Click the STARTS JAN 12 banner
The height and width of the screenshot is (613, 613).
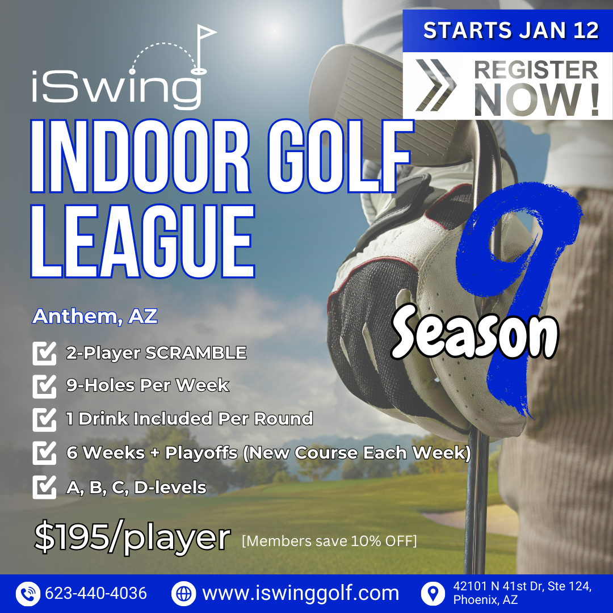click(511, 31)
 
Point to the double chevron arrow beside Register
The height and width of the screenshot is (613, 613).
click(436, 85)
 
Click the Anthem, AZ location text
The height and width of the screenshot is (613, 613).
click(95, 317)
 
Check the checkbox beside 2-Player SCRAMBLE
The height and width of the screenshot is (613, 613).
click(44, 354)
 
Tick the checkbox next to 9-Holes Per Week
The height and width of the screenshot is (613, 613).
click(44, 387)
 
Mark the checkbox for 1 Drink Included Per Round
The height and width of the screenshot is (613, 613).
click(44, 420)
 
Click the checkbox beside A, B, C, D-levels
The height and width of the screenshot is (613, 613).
click(44, 487)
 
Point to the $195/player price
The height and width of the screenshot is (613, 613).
click(132, 537)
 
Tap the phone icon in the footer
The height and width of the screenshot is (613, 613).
click(28, 594)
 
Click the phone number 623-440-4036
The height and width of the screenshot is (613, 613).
click(96, 594)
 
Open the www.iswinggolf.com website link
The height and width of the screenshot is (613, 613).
click(301, 594)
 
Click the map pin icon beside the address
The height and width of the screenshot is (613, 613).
click(433, 594)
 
